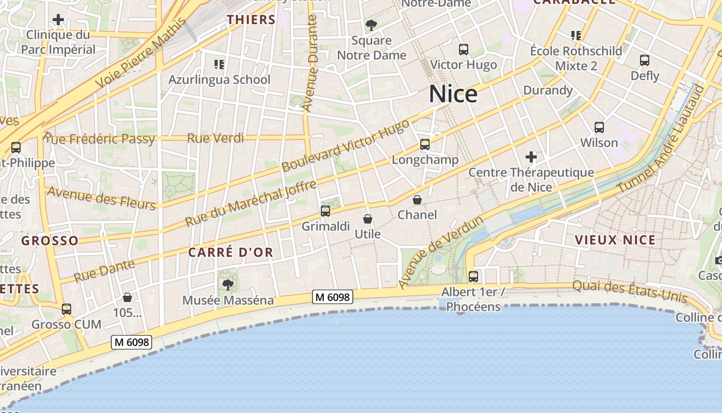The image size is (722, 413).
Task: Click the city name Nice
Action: (453, 94)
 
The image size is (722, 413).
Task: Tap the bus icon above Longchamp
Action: (424, 145)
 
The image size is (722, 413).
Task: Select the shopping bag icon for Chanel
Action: (417, 200)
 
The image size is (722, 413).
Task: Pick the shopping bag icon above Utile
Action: (368, 219)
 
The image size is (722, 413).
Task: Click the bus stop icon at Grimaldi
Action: (325, 211)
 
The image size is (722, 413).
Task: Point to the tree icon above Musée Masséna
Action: (227, 284)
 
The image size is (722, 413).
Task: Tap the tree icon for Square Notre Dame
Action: (371, 25)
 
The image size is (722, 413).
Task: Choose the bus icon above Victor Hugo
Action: (464, 50)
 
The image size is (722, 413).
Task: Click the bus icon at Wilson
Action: (599, 127)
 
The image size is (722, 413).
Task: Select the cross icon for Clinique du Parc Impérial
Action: (58, 20)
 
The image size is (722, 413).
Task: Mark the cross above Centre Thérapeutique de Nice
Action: (531, 157)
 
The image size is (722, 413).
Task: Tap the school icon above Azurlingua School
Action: (219, 65)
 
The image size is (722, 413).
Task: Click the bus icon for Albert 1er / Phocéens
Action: (473, 277)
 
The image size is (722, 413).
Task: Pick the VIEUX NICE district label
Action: (615, 240)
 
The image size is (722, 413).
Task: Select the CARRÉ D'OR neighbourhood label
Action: (230, 252)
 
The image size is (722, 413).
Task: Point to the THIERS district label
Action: (251, 20)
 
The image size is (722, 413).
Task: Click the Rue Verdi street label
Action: (216, 138)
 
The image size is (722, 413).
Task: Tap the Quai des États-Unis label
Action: (630, 292)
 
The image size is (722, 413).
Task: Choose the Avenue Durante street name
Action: (310, 63)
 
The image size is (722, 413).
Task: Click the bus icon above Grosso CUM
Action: (66, 309)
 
